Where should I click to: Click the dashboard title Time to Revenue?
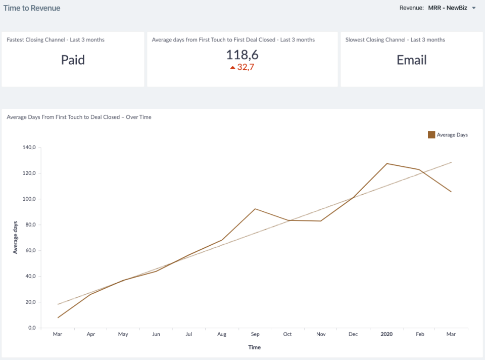tap(32, 8)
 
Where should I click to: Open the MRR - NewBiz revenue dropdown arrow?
tap(474, 8)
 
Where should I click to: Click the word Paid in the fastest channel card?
tap(73, 60)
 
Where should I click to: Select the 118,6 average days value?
tap(242, 55)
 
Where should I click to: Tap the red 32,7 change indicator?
tap(243, 67)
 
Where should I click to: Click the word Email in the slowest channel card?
tap(411, 60)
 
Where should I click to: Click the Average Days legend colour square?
tap(431, 134)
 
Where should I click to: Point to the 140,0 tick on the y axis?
tap(28, 148)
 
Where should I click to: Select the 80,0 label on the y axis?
tap(29, 225)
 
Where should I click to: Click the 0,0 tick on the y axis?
tap(31, 328)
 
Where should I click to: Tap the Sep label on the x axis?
tap(255, 334)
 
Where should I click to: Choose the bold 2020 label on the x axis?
tap(386, 334)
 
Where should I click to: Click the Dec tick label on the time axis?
tap(353, 334)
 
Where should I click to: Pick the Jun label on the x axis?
tap(156, 334)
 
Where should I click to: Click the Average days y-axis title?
tap(15, 237)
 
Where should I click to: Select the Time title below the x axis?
tap(255, 347)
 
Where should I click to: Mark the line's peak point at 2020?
tap(386, 163)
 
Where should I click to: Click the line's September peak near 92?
tap(255, 209)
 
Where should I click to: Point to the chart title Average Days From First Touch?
tap(79, 117)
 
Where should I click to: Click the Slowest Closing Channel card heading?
tap(395, 39)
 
